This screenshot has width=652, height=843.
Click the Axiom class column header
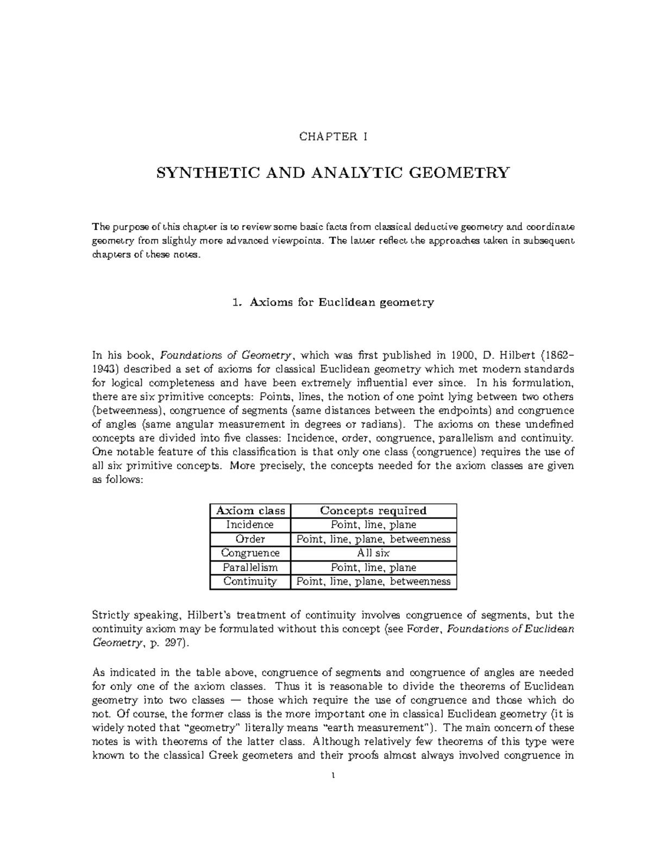pos(250,510)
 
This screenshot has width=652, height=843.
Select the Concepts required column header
pos(373,510)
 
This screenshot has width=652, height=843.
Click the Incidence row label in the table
pos(250,525)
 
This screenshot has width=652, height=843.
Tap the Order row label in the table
pos(250,539)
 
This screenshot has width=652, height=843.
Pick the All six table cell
pos(373,553)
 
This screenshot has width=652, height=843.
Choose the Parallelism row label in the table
pos(250,567)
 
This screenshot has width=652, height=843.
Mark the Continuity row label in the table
pos(250,581)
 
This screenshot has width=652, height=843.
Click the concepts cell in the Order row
pos(373,539)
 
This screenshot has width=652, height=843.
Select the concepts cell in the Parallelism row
pos(373,567)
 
